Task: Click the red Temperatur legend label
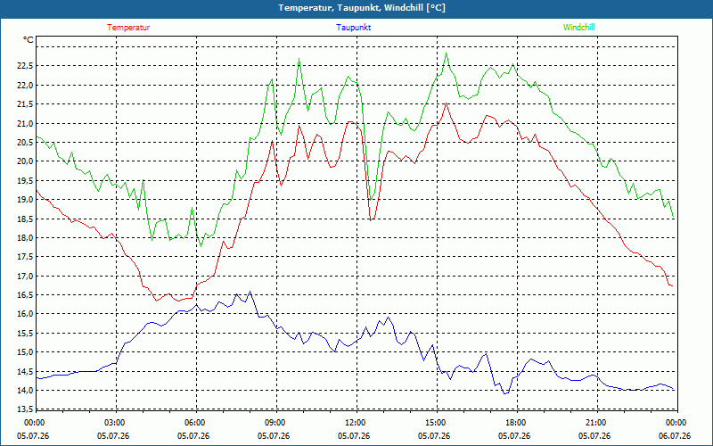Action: pos(128,28)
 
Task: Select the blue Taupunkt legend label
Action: pos(353,28)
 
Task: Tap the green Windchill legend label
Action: pos(578,28)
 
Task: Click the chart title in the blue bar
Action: pos(362,8)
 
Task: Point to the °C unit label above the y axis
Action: pos(29,40)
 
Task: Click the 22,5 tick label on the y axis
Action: pos(25,66)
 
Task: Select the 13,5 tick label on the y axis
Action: pos(25,409)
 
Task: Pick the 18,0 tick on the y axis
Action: pos(25,237)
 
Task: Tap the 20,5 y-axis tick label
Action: pos(25,142)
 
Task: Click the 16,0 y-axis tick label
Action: pos(25,314)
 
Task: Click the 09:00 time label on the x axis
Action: pos(276,423)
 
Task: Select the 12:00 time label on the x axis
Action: pos(356,423)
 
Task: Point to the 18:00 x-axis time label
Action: pos(517,423)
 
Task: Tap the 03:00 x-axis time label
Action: pos(116,423)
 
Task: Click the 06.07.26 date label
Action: pos(675,436)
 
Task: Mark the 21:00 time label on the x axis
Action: pos(596,423)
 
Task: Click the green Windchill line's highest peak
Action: pos(447,54)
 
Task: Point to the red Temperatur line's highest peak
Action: pos(447,103)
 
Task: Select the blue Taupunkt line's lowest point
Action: pos(504,393)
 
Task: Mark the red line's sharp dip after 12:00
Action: pos(371,220)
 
